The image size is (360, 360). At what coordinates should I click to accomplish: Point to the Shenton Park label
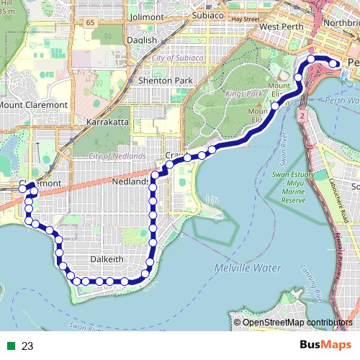click(x=166, y=81)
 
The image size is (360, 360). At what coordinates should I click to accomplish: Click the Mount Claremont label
click(x=33, y=104)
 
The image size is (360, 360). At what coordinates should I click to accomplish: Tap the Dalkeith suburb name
click(x=109, y=258)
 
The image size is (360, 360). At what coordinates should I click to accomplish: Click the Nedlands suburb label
click(x=130, y=182)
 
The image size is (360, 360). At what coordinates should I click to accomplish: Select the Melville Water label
click(x=247, y=268)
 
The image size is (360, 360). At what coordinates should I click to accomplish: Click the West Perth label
click(x=278, y=27)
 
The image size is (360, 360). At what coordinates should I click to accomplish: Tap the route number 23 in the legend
click(x=27, y=346)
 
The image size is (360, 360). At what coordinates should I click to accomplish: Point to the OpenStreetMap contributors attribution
click(x=297, y=322)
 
